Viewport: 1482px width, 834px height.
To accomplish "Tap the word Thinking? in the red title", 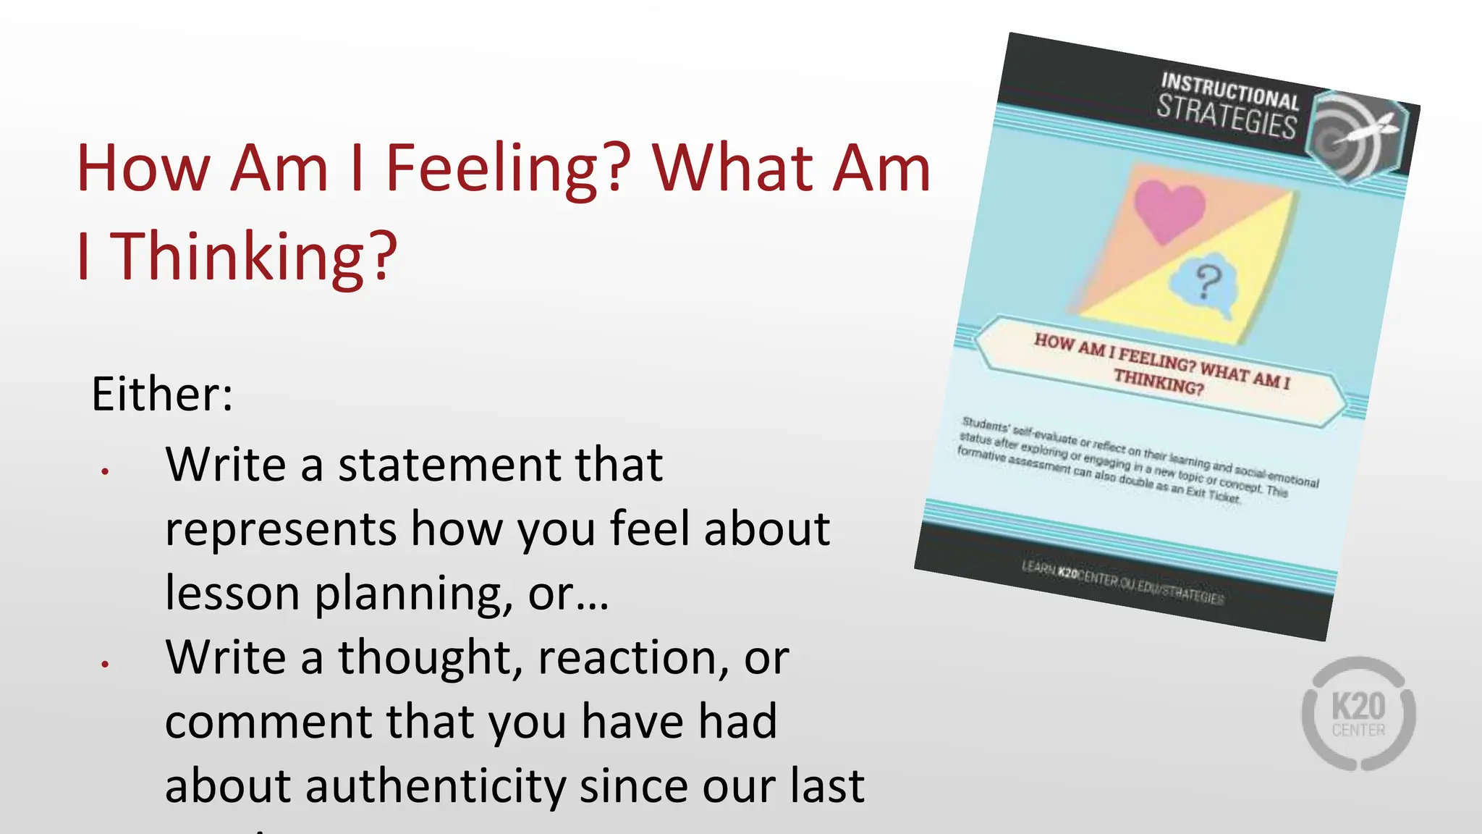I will (254, 256).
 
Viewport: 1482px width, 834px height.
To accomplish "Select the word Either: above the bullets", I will (162, 395).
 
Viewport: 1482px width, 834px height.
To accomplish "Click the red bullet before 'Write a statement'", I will (106, 471).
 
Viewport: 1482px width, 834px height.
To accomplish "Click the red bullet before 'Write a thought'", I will (106, 663).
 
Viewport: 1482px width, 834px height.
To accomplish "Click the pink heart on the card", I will (1168, 210).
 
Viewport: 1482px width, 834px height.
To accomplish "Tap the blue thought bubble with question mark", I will (1205, 286).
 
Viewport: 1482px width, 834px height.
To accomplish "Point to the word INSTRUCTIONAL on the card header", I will (1230, 90).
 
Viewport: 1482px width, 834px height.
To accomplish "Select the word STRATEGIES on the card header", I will (1227, 117).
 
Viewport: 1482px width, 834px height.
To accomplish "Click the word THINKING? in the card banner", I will (1159, 382).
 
